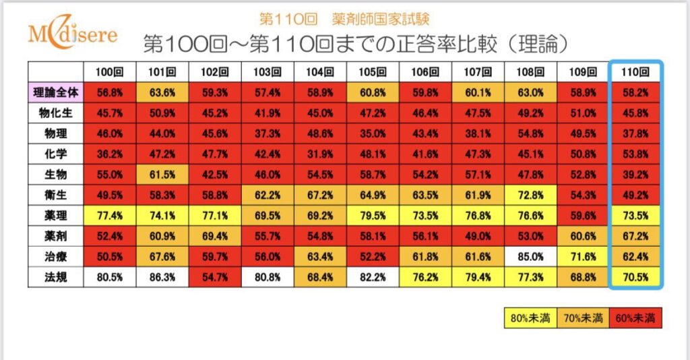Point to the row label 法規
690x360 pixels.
point(55,277)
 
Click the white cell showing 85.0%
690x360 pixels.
point(530,256)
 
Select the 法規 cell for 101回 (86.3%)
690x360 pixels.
point(162,277)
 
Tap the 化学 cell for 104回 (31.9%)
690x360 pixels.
point(320,153)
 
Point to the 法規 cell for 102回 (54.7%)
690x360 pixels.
point(215,277)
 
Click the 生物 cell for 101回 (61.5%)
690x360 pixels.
point(162,174)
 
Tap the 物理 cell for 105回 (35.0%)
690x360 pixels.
point(373,132)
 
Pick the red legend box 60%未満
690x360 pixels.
point(635,318)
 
